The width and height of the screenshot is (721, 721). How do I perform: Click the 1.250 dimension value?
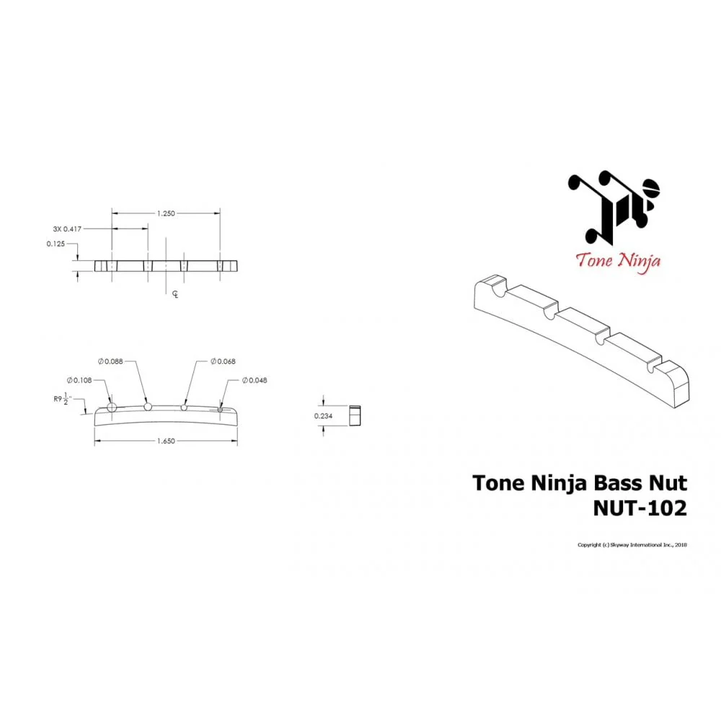[166, 213]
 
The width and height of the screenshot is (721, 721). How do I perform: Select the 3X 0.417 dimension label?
[67, 229]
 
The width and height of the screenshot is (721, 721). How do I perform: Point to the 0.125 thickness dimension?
[56, 244]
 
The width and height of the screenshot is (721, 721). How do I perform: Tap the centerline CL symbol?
[175, 294]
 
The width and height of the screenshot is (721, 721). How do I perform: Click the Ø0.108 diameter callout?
[79, 380]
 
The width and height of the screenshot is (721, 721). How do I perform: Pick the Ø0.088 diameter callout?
[110, 361]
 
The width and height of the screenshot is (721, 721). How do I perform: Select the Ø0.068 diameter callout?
[223, 361]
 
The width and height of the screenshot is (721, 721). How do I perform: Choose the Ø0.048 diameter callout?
[255, 380]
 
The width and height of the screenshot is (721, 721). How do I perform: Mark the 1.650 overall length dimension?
[166, 441]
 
